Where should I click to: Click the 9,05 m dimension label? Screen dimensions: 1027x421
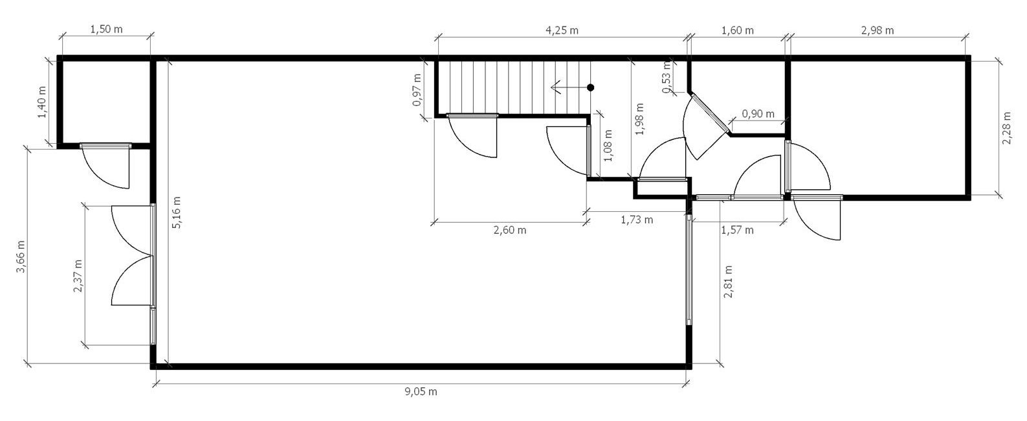(421, 392)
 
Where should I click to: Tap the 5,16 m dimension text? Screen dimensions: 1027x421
(177, 212)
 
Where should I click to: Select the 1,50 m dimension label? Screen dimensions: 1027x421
(106, 29)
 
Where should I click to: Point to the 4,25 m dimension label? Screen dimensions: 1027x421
(562, 30)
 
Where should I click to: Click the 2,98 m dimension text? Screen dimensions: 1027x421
(877, 30)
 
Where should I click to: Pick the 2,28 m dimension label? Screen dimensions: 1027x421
(1006, 128)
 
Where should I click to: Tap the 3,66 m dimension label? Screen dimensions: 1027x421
(21, 256)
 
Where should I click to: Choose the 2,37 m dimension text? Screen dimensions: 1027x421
(78, 276)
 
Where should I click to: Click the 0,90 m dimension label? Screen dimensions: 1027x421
(758, 113)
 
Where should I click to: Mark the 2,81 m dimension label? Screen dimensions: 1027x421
(727, 282)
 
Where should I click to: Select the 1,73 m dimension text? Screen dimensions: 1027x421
(637, 220)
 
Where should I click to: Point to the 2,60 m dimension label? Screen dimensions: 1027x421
(510, 229)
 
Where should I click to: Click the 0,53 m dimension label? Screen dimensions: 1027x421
(667, 77)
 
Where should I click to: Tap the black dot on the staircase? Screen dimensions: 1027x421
(591, 87)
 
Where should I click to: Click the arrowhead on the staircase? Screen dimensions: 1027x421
(555, 87)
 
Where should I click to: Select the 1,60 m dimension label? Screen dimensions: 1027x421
(737, 30)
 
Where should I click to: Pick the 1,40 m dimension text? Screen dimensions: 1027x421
(42, 102)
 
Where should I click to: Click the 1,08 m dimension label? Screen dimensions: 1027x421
(608, 146)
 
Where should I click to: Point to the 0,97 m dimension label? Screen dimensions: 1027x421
(417, 90)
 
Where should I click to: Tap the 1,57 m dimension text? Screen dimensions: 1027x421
(737, 229)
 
